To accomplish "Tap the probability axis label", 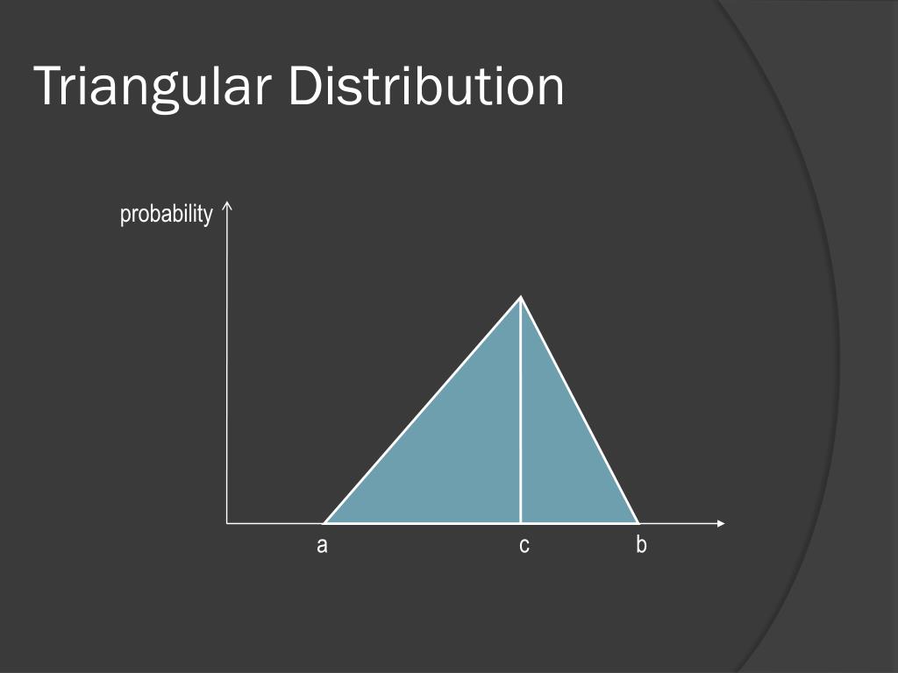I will pos(167,214).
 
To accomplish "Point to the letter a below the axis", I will pos(322,546).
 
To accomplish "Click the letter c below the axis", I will pos(524,546).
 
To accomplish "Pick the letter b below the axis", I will pos(641,545).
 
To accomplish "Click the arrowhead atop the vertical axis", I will pos(227,207).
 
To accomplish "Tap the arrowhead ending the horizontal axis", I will pos(721,524).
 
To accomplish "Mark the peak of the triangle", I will pos(521,298).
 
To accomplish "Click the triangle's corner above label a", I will pos(324,523).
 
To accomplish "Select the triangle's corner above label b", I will pos(638,523).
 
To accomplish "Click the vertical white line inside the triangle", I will pos(521,412).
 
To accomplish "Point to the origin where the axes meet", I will pos(227,523).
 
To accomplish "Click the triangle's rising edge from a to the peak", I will pos(423,410).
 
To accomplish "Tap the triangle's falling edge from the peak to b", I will pos(579,410).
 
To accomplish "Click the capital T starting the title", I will pos(47,87).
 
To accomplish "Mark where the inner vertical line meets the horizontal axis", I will pos(521,523).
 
